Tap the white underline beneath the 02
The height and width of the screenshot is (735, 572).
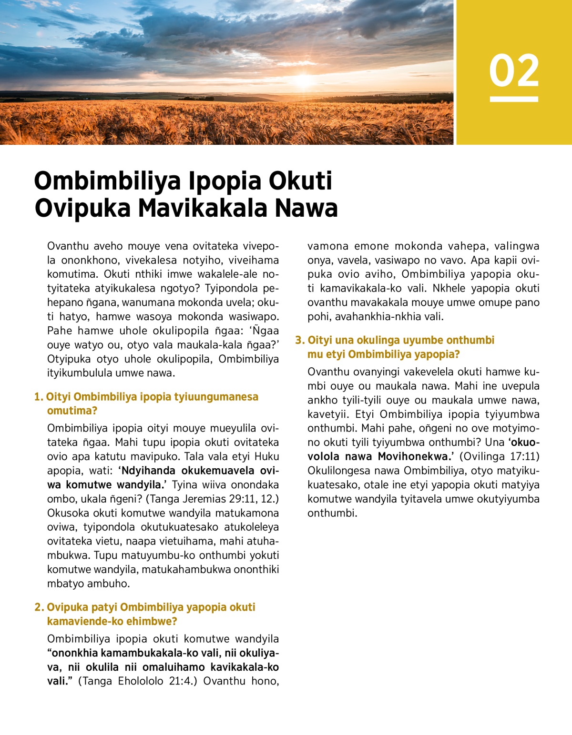tap(514, 99)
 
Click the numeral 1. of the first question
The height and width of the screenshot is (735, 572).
tap(39, 397)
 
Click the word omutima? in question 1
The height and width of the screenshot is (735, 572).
tap(72, 411)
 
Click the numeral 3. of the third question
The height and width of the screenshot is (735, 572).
tap(299, 340)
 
